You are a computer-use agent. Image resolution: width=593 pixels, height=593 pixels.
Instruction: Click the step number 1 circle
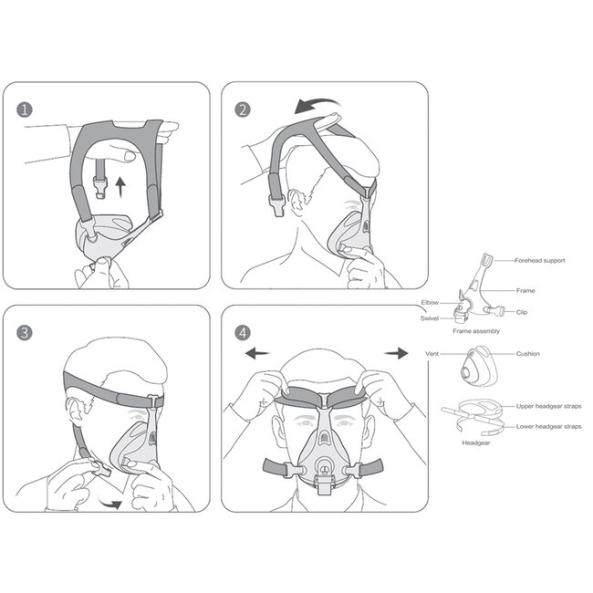(x=24, y=109)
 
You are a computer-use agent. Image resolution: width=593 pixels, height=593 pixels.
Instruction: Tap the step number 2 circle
(x=243, y=109)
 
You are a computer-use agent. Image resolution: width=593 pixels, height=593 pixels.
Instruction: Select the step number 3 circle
(x=24, y=331)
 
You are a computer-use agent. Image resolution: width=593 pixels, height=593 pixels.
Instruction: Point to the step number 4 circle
(x=243, y=331)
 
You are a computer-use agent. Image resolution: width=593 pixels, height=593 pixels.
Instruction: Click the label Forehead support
(x=541, y=261)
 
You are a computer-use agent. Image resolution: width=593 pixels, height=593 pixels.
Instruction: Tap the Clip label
(x=522, y=312)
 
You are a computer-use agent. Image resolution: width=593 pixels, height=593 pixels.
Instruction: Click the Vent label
(x=433, y=353)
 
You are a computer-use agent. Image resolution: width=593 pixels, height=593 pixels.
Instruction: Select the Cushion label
(x=528, y=353)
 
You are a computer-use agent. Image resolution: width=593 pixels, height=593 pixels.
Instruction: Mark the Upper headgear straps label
(x=547, y=406)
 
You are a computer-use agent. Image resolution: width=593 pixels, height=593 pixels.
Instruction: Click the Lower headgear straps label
(x=547, y=426)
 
